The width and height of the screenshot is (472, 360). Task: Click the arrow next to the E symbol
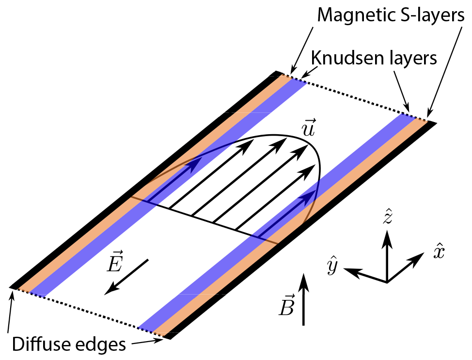pos(127,277)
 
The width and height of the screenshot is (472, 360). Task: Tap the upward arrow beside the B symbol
pos(304,299)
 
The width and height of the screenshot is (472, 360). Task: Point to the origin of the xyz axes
pos(387,282)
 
